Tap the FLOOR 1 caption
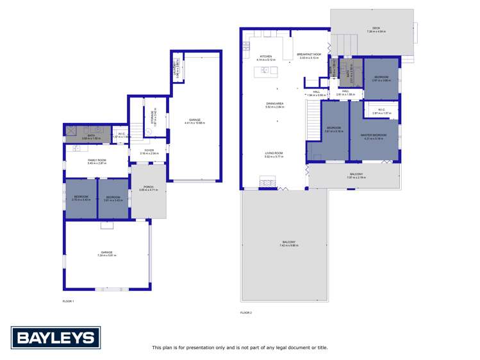(69, 301)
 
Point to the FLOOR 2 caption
(246, 313)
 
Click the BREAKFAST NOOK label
(308, 55)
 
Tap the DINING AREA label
(275, 104)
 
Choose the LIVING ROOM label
(274, 153)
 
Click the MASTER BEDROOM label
(373, 135)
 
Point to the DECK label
(376, 28)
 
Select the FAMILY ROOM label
(97, 160)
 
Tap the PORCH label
(148, 187)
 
